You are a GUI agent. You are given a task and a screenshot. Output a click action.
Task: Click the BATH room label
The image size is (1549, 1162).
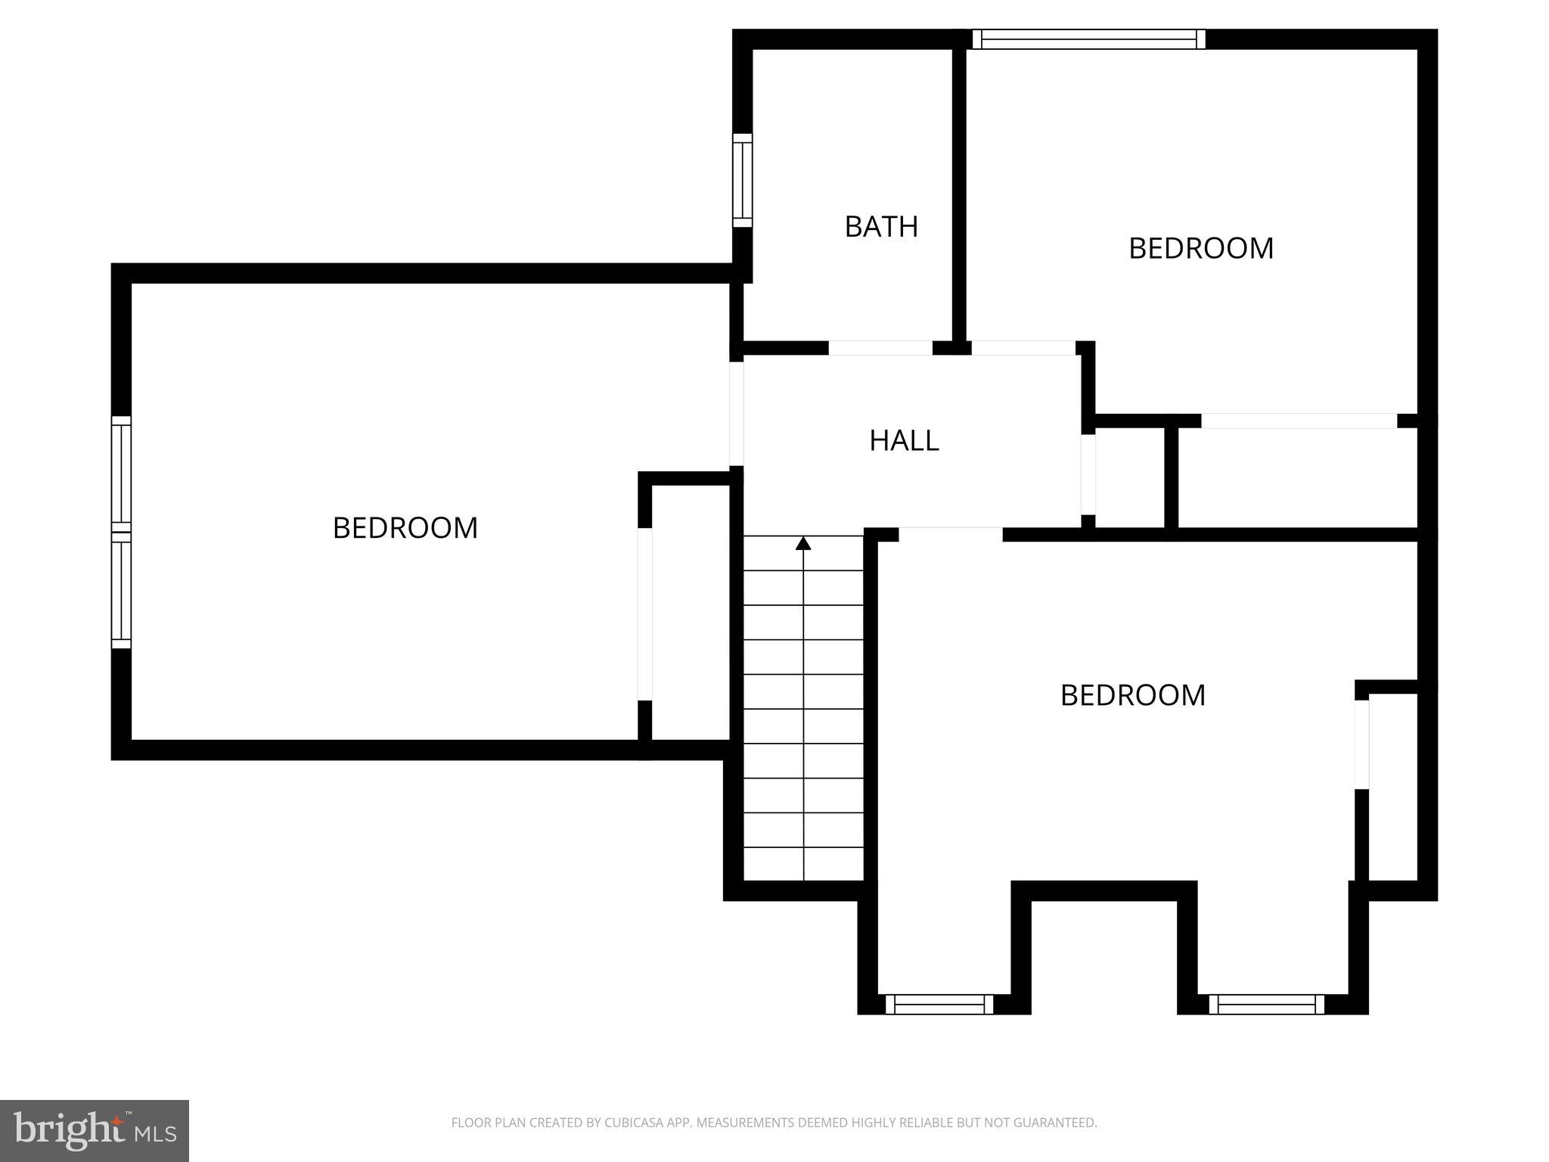tap(881, 227)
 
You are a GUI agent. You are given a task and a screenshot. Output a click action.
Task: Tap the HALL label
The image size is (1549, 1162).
tap(904, 440)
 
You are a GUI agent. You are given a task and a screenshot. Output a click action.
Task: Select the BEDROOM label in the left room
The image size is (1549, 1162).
tap(405, 528)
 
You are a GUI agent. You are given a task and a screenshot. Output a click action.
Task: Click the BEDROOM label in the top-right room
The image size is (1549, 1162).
tap(1201, 248)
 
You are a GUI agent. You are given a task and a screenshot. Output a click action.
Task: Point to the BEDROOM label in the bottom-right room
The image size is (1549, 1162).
tap(1133, 695)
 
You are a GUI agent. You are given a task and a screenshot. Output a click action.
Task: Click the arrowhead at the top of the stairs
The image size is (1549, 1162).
tap(803, 543)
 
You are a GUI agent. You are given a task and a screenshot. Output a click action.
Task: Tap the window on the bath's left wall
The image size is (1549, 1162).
tap(743, 180)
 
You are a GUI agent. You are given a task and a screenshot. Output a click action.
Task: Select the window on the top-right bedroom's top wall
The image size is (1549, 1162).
tap(1088, 39)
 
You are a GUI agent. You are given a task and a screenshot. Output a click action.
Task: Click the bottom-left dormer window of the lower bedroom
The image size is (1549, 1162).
tap(939, 1005)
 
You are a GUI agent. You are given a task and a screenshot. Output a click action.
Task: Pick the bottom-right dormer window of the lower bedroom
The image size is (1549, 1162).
tap(1266, 1005)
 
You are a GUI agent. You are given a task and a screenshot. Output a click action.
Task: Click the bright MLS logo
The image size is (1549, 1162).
tap(95, 1130)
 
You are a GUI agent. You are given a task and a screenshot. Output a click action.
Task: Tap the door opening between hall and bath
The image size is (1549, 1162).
tap(880, 348)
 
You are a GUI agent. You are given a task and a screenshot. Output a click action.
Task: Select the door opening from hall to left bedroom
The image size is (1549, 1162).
tap(736, 414)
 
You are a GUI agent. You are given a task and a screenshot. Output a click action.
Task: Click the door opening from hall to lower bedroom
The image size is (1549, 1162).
tap(950, 534)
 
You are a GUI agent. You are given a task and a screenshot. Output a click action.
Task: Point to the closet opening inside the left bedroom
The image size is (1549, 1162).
tap(645, 614)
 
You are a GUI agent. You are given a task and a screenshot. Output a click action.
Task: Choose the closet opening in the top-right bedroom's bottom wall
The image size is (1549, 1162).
tap(1299, 421)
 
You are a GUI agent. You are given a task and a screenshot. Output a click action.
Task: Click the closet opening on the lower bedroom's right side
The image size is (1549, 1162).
tap(1361, 744)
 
